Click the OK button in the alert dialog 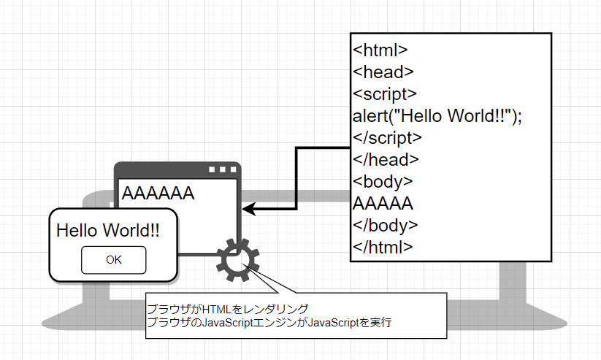(113, 259)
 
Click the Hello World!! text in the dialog (107, 231)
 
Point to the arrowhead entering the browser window (248, 210)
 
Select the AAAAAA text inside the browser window (158, 194)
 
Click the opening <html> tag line (380, 50)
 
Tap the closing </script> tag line (387, 137)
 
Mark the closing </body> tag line (386, 225)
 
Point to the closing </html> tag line (383, 247)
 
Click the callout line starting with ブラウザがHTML (227, 309)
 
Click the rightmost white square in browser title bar (233, 170)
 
